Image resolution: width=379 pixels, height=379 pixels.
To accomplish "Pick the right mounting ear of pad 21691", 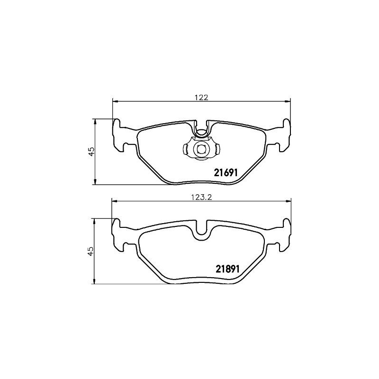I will pyautogui.click(x=284, y=135).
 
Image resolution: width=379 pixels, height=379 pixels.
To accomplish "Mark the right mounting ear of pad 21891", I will pyautogui.click(x=284, y=235).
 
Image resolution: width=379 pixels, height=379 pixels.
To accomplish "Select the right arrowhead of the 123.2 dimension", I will pyautogui.click(x=289, y=201).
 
